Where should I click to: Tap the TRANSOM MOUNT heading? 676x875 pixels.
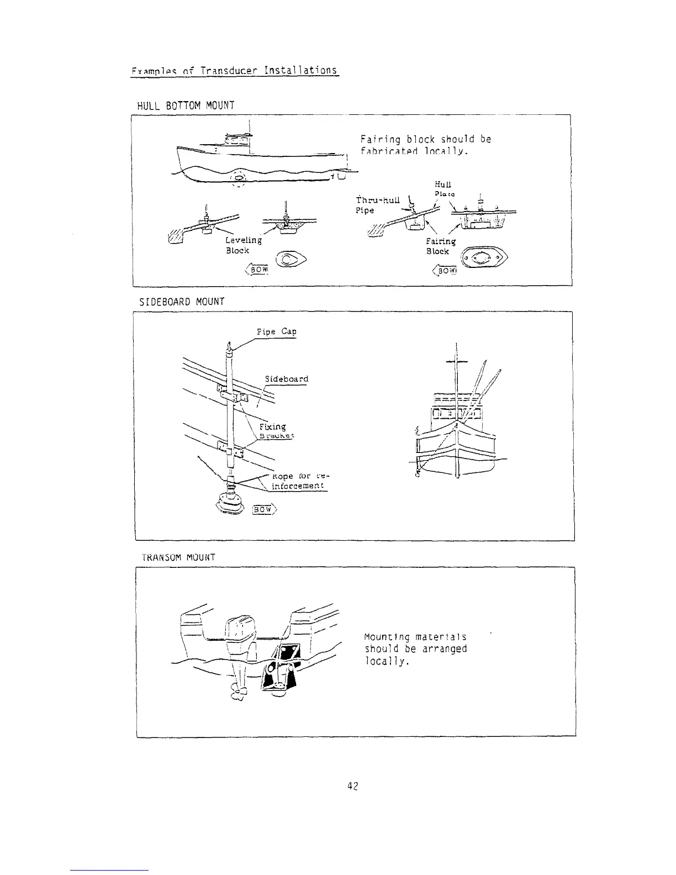pyautogui.click(x=178, y=557)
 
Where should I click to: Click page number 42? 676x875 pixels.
pyautogui.click(x=353, y=787)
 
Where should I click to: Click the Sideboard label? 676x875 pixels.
pyautogui.click(x=286, y=379)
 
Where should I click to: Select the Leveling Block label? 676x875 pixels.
pyautogui.click(x=242, y=245)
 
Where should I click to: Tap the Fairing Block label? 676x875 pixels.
pyautogui.click(x=441, y=246)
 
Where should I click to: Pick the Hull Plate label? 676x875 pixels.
pyautogui.click(x=443, y=188)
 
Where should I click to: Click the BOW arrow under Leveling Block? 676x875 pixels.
pyautogui.click(x=257, y=270)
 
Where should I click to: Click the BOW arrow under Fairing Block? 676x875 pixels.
pyautogui.click(x=446, y=271)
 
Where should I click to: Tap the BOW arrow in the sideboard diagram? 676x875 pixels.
pyautogui.click(x=264, y=510)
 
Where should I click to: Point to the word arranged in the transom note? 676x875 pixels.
pyautogui.click(x=445, y=649)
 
